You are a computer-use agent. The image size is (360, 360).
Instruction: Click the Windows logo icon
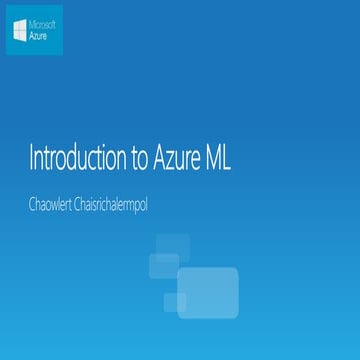[x=20, y=30]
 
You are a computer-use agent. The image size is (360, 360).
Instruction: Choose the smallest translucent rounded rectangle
[x=175, y=303]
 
